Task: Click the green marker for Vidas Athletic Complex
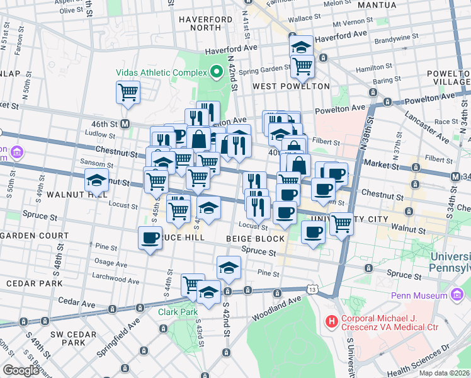(216, 71)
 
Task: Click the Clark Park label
(174, 312)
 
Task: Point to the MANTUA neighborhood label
(377, 5)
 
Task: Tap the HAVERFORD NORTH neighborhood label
(205, 23)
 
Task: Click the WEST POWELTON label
(291, 86)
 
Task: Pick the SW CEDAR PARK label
(68, 338)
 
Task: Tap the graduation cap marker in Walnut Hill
(96, 180)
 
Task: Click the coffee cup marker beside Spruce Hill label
(150, 238)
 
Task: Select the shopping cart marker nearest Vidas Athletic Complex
(128, 93)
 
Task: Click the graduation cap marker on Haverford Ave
(301, 46)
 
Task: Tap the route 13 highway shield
(313, 289)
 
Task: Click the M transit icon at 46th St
(125, 123)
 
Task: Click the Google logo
(20, 370)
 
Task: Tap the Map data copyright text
(444, 373)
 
